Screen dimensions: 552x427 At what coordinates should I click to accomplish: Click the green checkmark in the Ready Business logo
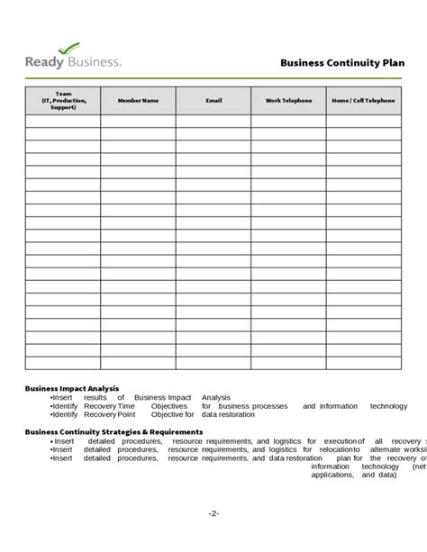click(68, 48)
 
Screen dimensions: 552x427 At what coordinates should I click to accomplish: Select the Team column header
click(63, 100)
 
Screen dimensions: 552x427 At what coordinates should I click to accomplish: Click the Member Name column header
click(138, 101)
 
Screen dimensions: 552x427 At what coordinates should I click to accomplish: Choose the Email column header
click(213, 101)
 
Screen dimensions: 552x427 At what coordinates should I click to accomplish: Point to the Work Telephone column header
click(288, 101)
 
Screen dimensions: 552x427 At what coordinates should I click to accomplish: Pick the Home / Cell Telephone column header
click(363, 101)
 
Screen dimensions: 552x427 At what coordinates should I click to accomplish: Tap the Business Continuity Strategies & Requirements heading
click(114, 431)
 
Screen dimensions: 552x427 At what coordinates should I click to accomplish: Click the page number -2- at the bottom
click(213, 512)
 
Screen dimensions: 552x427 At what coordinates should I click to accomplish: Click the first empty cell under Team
click(63, 121)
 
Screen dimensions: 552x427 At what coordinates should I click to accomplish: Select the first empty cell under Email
click(213, 121)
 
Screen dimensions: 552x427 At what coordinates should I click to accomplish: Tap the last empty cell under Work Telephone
click(288, 363)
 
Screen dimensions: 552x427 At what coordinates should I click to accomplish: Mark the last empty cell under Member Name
click(138, 363)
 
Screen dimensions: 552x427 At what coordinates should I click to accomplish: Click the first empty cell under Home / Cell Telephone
click(363, 121)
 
